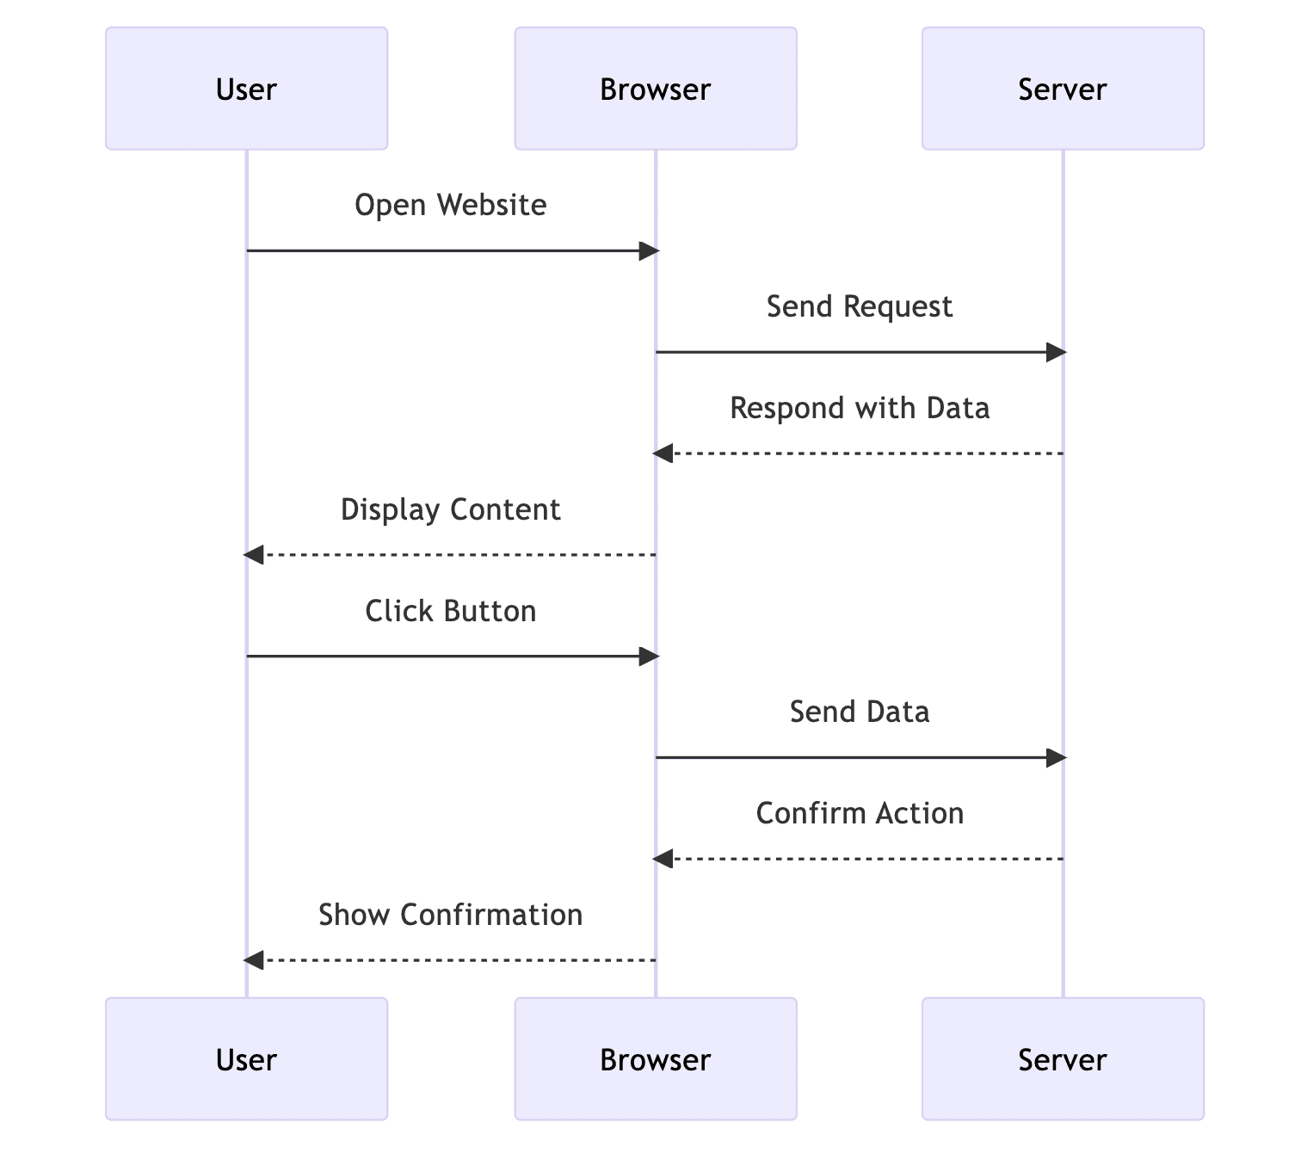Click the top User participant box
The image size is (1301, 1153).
click(x=246, y=89)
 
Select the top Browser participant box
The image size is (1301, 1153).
click(x=655, y=89)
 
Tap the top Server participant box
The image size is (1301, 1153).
click(x=1062, y=89)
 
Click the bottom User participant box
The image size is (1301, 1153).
click(x=246, y=1058)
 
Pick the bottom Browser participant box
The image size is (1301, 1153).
click(x=655, y=1058)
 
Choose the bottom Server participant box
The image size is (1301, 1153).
click(x=1062, y=1058)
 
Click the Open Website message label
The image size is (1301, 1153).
click(x=450, y=205)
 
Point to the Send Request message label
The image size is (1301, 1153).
click(x=859, y=306)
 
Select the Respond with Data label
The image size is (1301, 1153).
click(x=859, y=408)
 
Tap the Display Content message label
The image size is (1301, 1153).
click(x=450, y=509)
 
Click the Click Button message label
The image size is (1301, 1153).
click(x=450, y=611)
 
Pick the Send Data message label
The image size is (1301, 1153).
click(x=859, y=712)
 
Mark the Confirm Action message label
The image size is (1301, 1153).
click(x=859, y=813)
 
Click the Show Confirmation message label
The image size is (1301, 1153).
click(x=450, y=915)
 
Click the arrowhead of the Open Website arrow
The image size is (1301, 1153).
click(x=648, y=251)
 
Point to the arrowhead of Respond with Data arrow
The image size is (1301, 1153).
click(x=663, y=453)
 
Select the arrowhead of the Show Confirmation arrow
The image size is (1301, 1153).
click(x=254, y=960)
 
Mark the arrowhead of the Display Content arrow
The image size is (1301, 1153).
click(x=254, y=555)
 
